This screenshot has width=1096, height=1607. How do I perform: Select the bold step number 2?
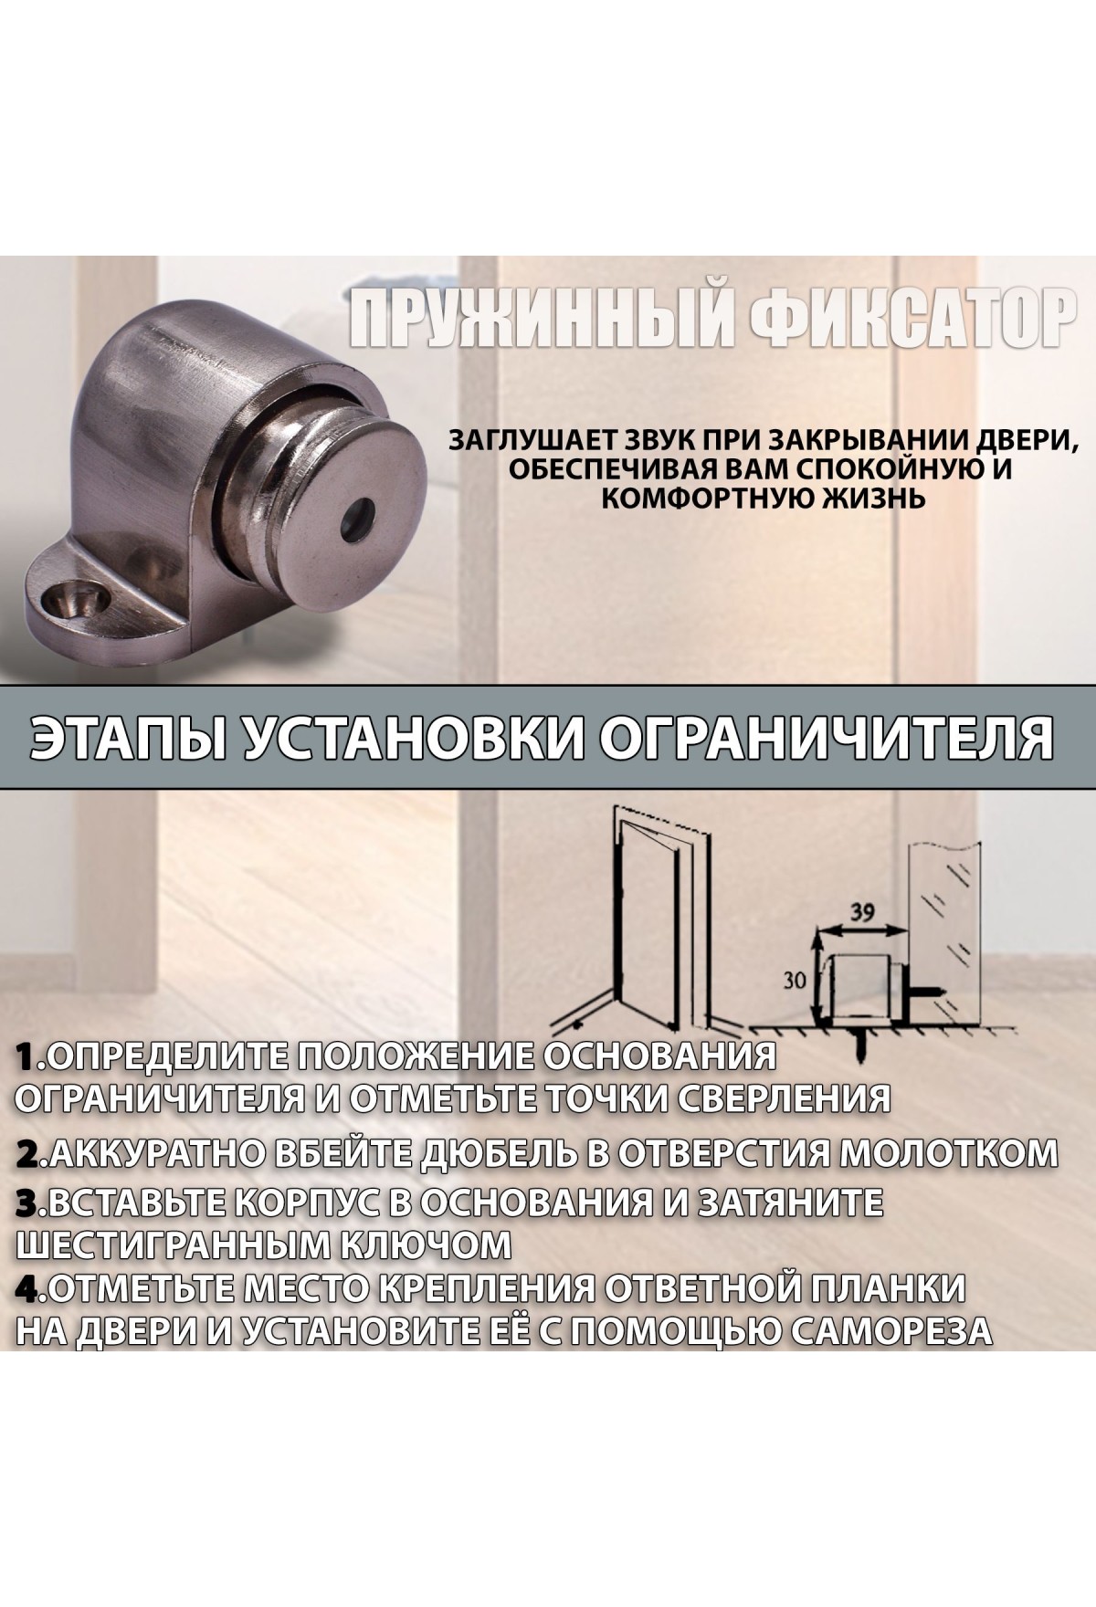point(32,1154)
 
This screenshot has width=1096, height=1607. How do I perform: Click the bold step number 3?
point(32,1203)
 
